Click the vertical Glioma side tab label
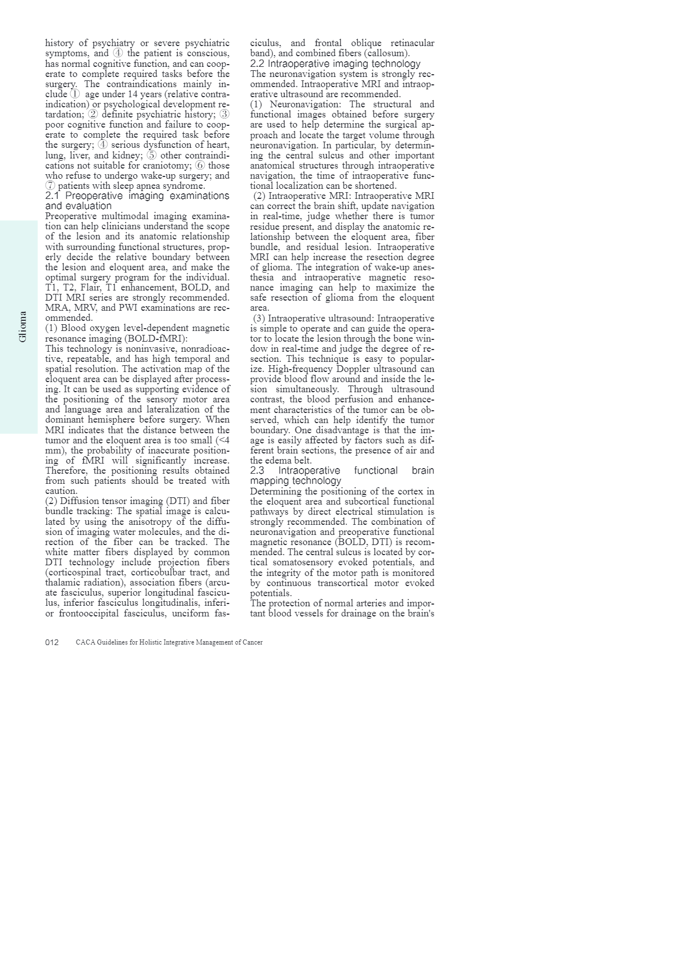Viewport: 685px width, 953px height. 22,326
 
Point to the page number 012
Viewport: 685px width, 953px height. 52,642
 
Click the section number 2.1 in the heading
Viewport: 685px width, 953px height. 52,196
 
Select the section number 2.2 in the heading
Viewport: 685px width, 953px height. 257,64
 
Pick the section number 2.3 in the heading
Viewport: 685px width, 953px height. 257,471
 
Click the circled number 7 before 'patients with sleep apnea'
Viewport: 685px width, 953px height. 51,186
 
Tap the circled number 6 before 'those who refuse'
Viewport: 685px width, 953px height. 201,166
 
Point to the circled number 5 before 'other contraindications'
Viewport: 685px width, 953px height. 152,156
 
